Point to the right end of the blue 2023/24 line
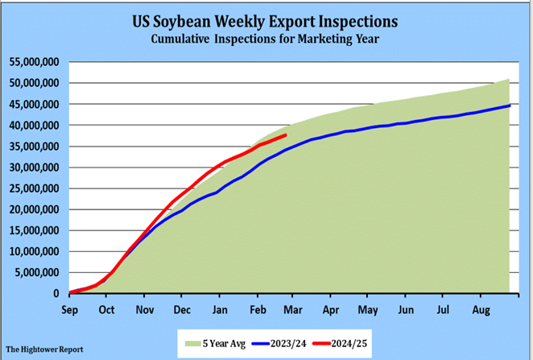[x=509, y=106]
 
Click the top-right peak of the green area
[x=509, y=79]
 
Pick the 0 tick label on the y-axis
[x=56, y=293]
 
